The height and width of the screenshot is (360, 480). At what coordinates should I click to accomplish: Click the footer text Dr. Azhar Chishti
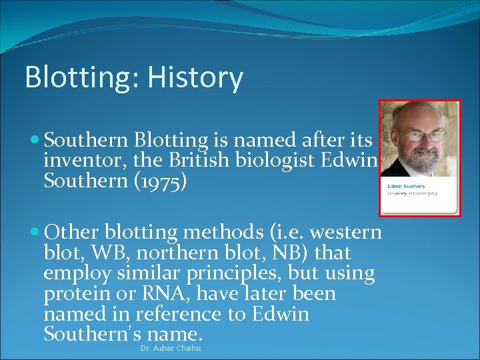tap(171, 349)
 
